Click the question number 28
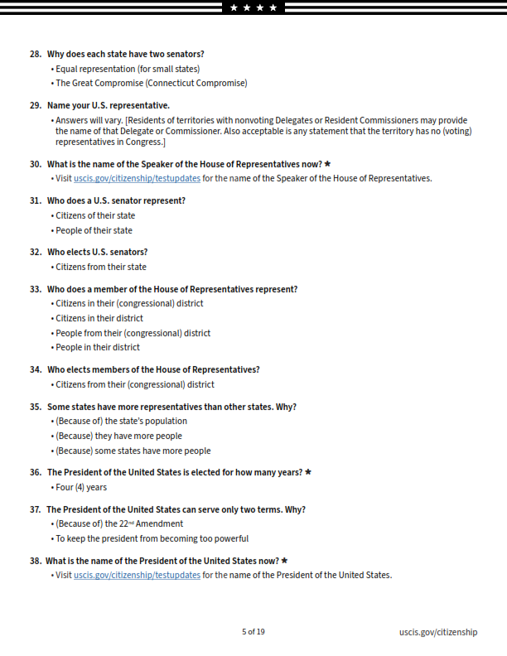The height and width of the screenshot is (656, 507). coord(36,54)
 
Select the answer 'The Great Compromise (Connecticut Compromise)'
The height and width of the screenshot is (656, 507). coord(151,83)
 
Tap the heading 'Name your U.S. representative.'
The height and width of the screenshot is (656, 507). coord(108,105)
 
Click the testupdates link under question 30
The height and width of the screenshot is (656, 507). coord(137,178)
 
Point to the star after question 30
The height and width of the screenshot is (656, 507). coord(328,163)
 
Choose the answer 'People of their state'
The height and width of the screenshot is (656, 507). coord(94,230)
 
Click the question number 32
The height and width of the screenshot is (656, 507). coord(36,252)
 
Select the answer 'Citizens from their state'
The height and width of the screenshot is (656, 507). coord(100,267)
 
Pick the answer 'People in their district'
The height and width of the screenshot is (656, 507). coord(97,347)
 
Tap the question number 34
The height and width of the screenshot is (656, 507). coord(36,369)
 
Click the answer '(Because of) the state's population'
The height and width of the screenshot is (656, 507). coord(121,421)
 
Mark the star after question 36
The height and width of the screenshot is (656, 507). coord(308,472)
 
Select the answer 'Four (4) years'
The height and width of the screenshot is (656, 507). coord(81,487)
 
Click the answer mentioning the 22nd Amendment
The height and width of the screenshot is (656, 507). coord(119,523)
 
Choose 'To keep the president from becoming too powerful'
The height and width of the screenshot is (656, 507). coord(152,538)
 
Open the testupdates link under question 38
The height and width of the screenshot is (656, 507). coord(137,575)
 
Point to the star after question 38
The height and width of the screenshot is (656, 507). coord(284,561)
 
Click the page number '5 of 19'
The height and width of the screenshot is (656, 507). coord(254,632)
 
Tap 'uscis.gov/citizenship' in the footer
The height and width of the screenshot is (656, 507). coord(437,632)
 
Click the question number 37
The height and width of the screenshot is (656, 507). coord(36,509)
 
